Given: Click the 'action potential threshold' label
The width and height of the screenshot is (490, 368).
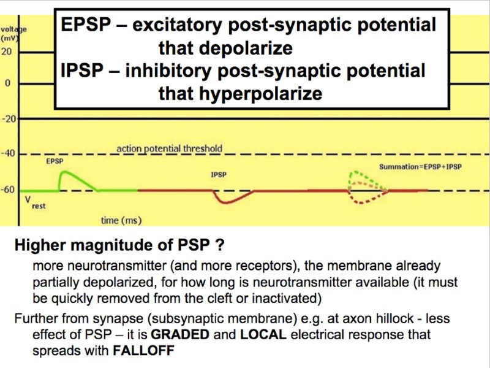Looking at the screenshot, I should coord(170,148).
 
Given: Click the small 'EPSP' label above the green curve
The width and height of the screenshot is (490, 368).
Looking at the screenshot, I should coord(55,161).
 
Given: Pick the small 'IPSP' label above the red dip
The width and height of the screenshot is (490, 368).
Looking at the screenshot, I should coord(219,175).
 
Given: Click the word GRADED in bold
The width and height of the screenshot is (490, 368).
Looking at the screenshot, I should coord(175,335).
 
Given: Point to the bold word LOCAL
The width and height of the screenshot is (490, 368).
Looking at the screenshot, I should coord(259,335).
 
